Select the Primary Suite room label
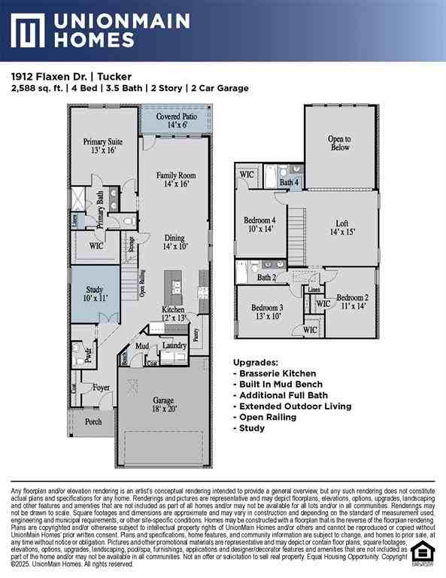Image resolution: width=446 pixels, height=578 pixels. click(x=102, y=146)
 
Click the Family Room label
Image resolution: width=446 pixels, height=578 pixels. click(x=176, y=179)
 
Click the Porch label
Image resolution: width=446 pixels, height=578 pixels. click(x=93, y=422)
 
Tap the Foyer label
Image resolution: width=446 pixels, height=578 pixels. click(x=101, y=388)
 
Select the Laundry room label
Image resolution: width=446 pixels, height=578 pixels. click(x=174, y=345)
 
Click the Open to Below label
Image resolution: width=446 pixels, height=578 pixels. click(x=339, y=143)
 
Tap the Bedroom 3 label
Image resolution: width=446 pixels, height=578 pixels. click(x=267, y=312)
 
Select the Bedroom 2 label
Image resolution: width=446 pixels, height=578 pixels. click(x=352, y=302)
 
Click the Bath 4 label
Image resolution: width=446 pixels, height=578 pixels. click(x=290, y=183)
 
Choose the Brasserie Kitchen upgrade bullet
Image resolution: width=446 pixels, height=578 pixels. click(x=278, y=373)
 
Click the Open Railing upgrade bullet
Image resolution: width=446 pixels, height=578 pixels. click(x=268, y=416)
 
